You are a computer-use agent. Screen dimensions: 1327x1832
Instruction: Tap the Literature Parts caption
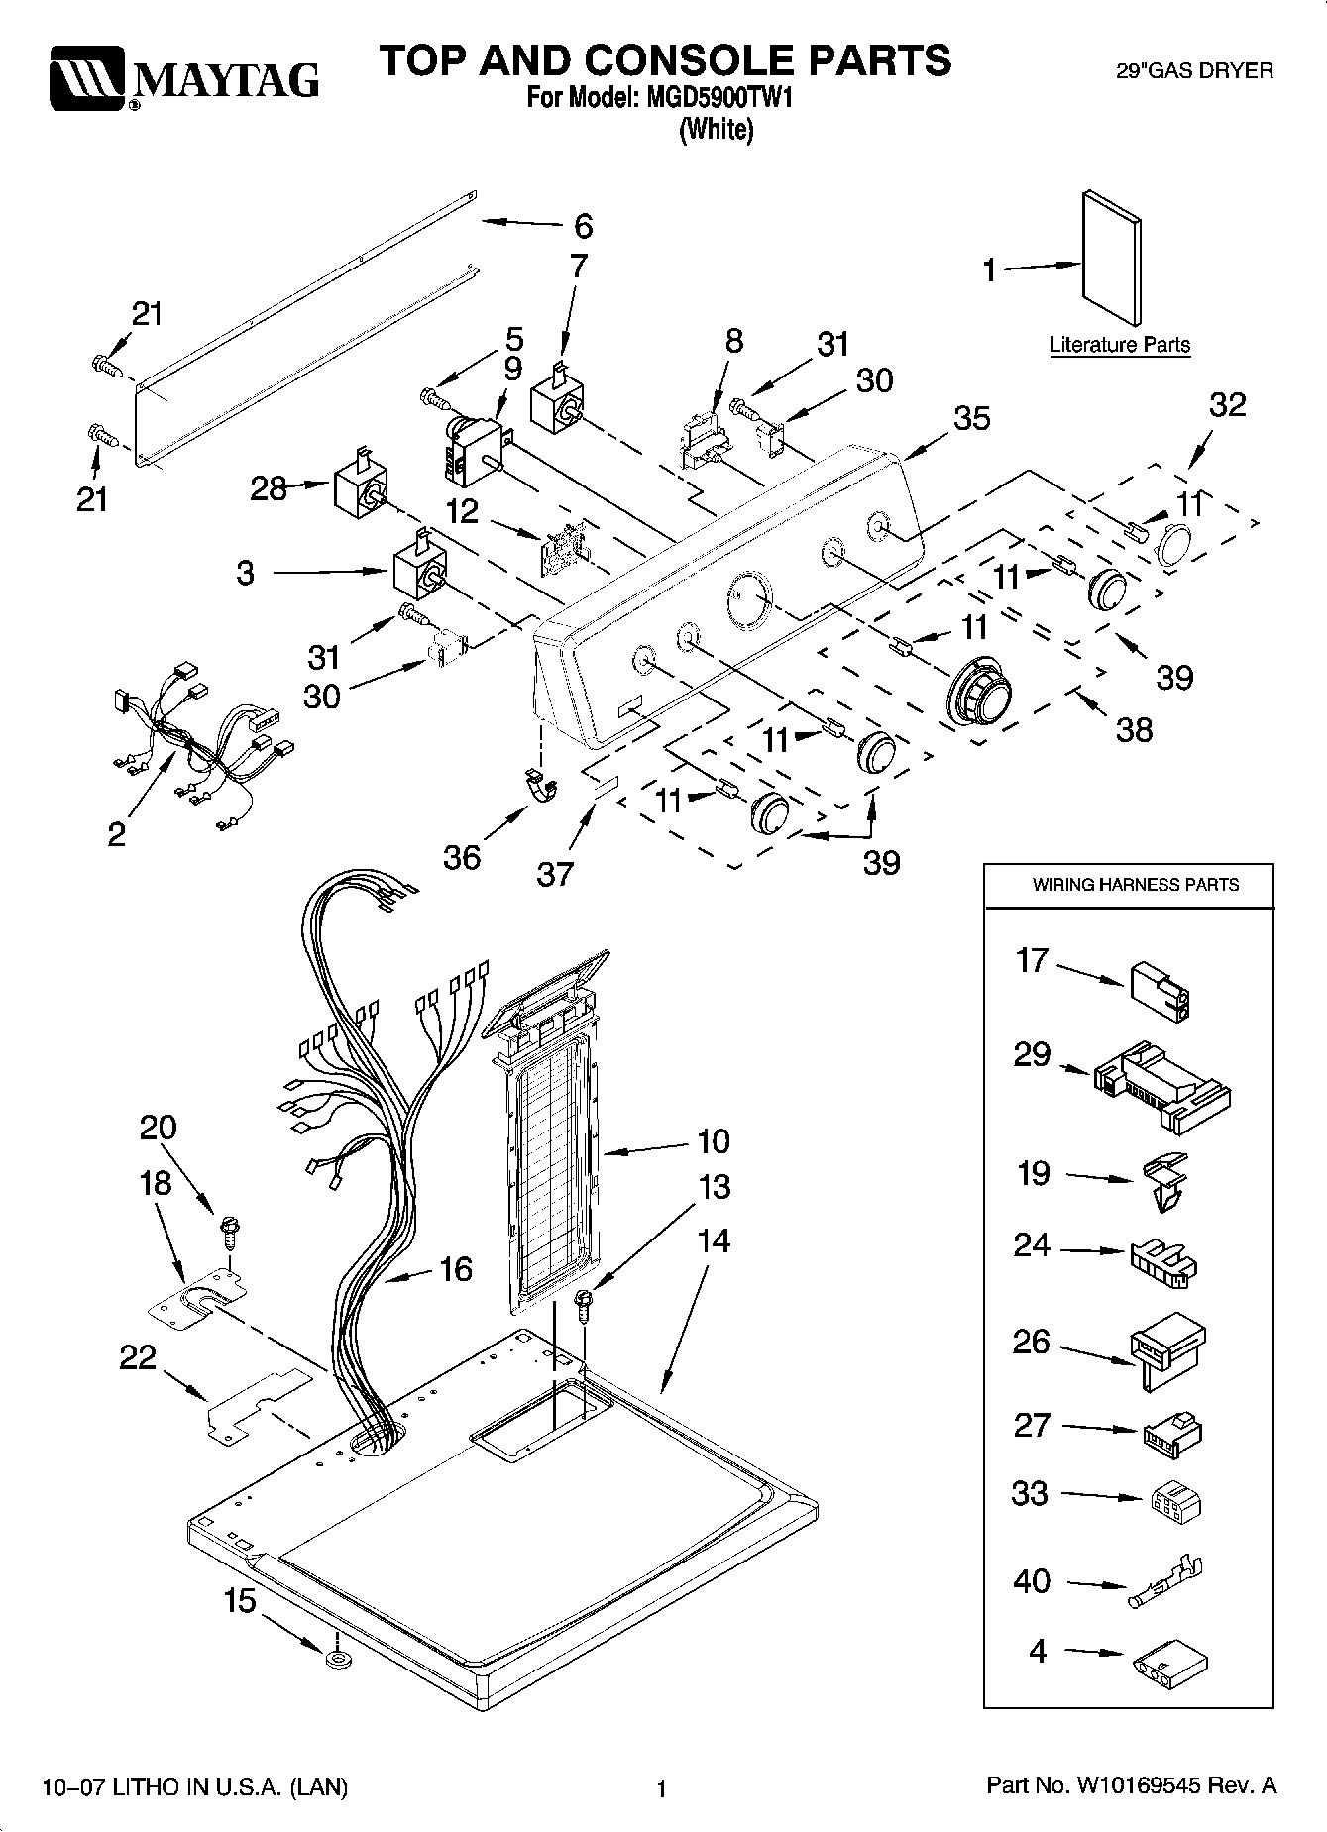(x=1120, y=345)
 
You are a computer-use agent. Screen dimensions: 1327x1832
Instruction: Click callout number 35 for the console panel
(x=971, y=418)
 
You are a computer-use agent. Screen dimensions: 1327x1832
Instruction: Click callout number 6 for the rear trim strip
(x=584, y=226)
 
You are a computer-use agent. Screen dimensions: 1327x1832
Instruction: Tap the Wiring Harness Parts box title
(x=1136, y=885)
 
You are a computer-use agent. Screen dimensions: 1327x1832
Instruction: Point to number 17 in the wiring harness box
(x=1032, y=960)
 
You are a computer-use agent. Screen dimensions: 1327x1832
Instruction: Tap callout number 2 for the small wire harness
(x=117, y=834)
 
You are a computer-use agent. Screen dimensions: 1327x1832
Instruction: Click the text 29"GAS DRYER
(x=1195, y=71)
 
